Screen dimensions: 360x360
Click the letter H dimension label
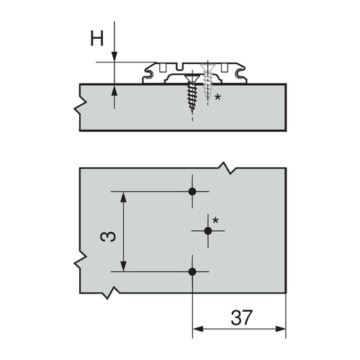(96, 38)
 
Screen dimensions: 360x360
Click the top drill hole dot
(192, 192)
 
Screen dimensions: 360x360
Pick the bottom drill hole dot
(192, 271)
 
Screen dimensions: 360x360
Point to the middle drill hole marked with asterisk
(208, 230)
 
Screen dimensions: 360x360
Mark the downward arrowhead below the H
(114, 57)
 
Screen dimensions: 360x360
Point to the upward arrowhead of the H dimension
(114, 89)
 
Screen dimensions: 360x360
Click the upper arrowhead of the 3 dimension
(125, 196)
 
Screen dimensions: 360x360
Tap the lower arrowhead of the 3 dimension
(125, 267)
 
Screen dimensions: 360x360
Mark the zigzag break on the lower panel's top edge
(230, 171)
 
